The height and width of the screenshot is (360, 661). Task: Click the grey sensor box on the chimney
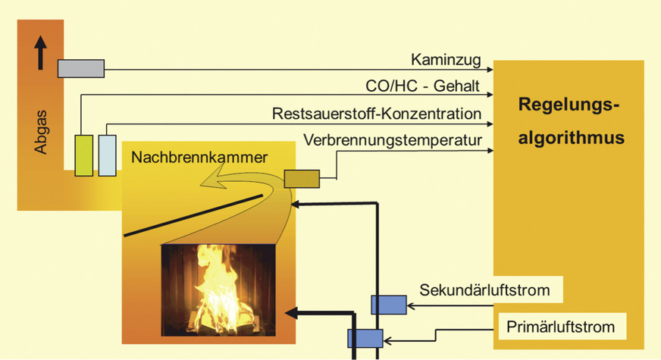point(81,68)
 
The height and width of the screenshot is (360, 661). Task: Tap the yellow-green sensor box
point(83,155)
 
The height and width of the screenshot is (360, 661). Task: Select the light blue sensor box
point(108,155)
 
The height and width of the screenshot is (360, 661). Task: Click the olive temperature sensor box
point(301,178)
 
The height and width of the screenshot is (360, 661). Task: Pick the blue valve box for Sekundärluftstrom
point(389,305)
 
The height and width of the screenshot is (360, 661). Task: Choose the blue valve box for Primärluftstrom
point(365,338)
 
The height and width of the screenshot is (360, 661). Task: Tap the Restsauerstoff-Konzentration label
point(377,114)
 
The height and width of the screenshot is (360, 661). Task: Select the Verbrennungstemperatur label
point(392,141)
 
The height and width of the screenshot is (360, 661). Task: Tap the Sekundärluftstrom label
point(490,289)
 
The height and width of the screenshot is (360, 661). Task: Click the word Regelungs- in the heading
point(569,105)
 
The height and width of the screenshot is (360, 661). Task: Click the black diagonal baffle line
point(193,214)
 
